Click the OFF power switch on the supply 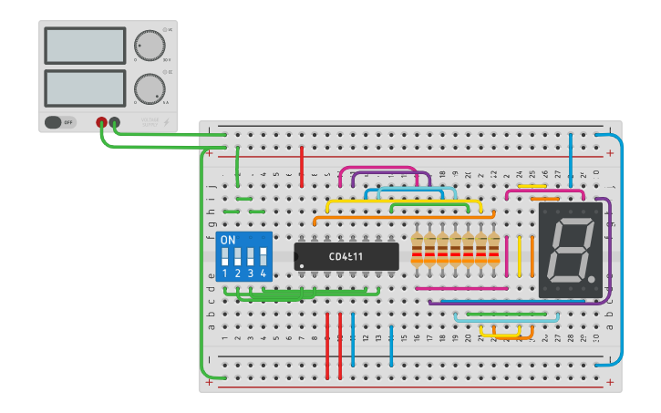(x=60, y=121)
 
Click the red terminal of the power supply (x=101, y=122)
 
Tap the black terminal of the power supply (x=114, y=122)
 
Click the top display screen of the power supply (x=85, y=46)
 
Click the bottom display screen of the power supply (x=85, y=88)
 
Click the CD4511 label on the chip (x=346, y=256)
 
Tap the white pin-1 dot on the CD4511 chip (x=302, y=266)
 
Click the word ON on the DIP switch (x=228, y=240)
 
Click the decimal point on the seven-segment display (x=592, y=278)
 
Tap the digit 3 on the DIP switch (x=251, y=274)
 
